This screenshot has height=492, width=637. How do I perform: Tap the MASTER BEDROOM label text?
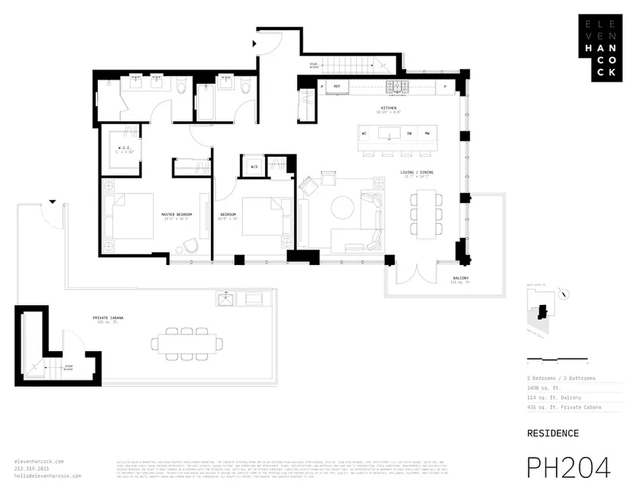[176, 215]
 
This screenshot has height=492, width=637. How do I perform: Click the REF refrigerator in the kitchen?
[337, 87]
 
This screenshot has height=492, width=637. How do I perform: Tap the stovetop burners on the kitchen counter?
[398, 86]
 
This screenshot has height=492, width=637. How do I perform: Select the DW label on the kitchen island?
[409, 133]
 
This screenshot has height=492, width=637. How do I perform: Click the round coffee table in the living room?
[342, 207]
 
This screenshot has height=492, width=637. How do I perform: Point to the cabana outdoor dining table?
[188, 344]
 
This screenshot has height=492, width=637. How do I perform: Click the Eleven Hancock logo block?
[600, 48]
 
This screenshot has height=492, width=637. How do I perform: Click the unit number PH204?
[568, 467]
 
